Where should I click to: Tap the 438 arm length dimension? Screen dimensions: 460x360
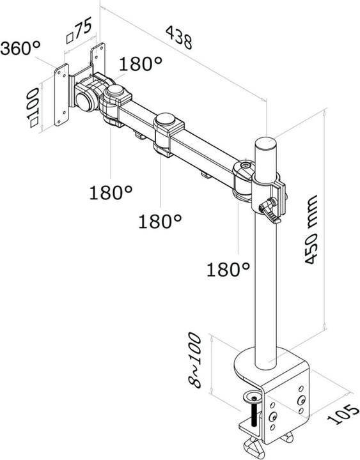[x=179, y=38]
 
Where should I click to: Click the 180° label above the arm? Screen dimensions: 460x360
[x=140, y=64]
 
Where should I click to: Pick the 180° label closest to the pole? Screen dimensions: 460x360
[x=228, y=269]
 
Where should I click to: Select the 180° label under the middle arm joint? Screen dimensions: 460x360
[x=160, y=221]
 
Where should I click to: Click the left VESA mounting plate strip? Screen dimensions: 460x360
[x=61, y=95]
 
